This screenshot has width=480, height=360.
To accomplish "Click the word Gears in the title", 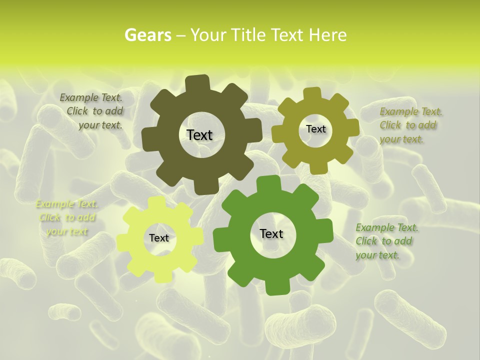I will click(147, 35).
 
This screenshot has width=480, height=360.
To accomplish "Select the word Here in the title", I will click(328, 35).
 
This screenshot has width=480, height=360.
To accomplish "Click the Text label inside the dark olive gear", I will click(199, 135).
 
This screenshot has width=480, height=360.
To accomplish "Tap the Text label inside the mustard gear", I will click(315, 129).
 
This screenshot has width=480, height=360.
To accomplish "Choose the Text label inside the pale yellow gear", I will click(159, 238).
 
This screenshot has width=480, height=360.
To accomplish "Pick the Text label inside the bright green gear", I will click(271, 233).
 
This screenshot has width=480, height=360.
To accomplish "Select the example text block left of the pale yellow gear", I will click(67, 217).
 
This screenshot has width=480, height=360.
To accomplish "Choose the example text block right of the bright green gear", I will click(386, 241).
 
